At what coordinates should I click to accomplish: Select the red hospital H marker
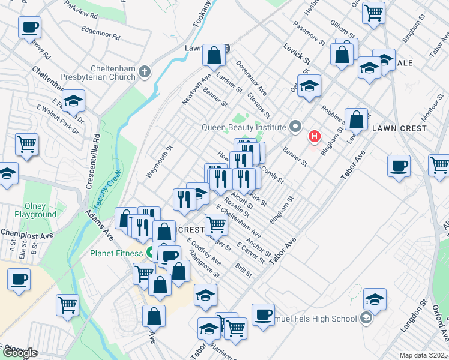point(314,137)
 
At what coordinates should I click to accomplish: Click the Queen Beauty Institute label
point(243,127)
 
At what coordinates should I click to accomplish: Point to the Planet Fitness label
point(116,253)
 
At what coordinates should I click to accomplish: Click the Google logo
point(20,353)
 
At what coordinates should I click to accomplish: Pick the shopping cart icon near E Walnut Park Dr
point(27,144)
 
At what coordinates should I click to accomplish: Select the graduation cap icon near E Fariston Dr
point(73,101)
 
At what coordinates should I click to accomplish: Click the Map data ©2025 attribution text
point(423,355)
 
